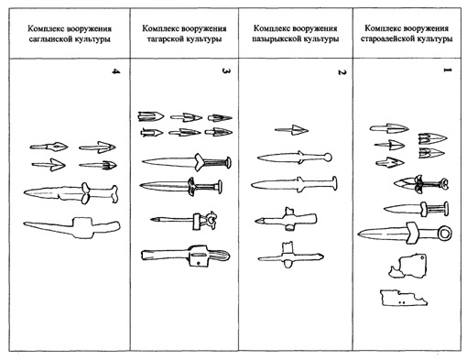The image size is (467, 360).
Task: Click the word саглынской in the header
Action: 51,39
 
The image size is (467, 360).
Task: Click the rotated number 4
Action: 115,71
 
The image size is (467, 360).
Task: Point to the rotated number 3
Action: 226,71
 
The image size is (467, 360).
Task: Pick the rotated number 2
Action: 342,72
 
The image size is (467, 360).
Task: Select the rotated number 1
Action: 448,71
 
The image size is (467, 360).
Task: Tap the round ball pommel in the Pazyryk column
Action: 328,158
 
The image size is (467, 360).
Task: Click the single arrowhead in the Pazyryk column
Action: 291,130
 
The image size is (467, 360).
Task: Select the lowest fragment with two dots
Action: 404,298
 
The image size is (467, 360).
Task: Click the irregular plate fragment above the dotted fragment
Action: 409,266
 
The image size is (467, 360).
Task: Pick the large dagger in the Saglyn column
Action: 71,193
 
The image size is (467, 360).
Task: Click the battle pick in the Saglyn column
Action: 72,227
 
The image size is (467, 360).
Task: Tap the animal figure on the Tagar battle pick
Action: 212,220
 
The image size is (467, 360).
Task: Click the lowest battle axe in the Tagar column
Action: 186,256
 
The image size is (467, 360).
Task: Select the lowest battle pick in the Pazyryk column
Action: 290,256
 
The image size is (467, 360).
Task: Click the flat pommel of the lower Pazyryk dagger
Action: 334,183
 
